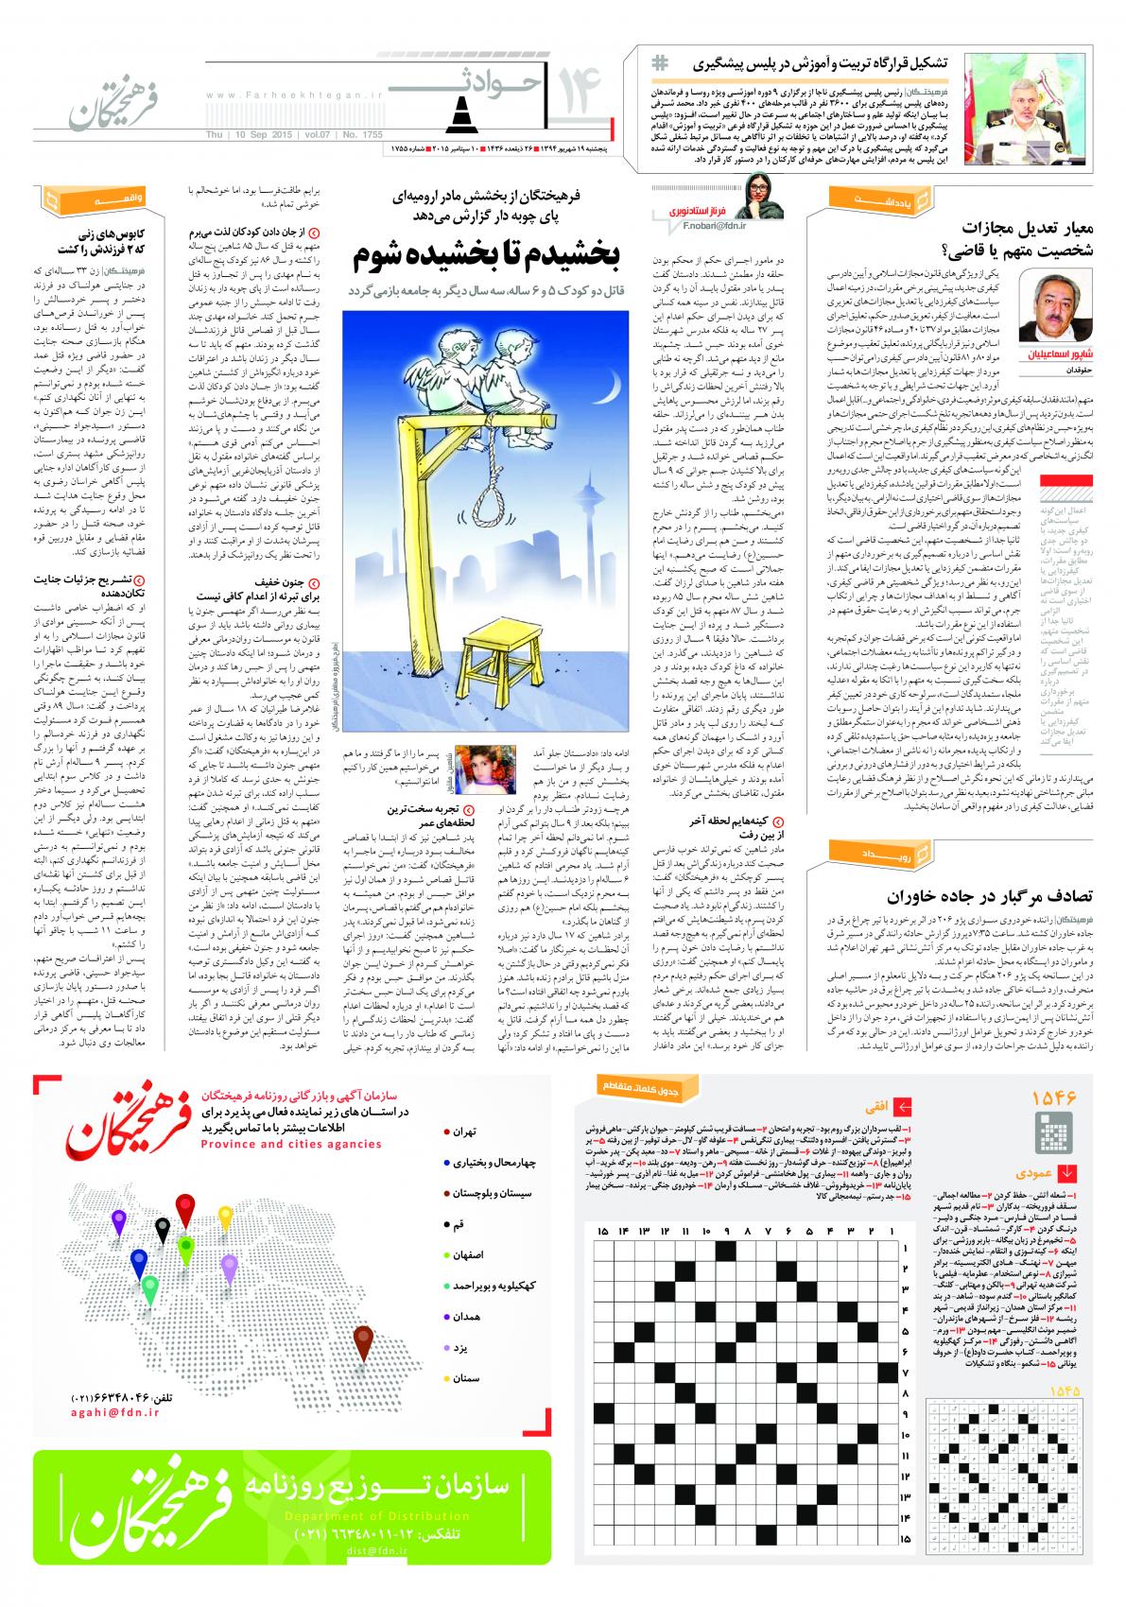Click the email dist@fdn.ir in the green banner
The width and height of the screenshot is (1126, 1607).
377,1551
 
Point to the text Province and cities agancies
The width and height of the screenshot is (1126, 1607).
291,1144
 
